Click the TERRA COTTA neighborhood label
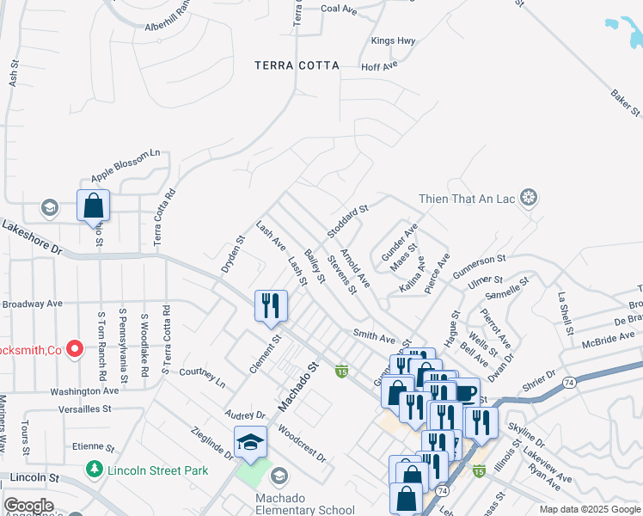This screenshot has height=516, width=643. tap(297, 65)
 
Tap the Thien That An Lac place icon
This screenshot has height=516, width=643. tap(529, 199)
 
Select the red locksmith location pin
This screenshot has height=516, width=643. tap(75, 349)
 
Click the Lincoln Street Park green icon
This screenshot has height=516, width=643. tap(95, 470)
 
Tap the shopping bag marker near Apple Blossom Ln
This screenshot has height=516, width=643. tap(94, 206)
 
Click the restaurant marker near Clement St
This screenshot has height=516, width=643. tap(271, 306)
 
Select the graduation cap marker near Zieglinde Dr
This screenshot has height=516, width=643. tap(250, 442)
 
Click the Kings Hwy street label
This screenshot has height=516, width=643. tap(393, 40)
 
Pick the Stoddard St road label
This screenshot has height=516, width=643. tap(347, 221)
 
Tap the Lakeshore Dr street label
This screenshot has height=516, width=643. tap(32, 237)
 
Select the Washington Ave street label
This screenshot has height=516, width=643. tap(83, 390)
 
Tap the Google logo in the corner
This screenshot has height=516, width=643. tap(28, 506)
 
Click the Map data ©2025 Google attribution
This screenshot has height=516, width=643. tap(590, 509)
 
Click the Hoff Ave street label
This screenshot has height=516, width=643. tap(379, 65)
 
